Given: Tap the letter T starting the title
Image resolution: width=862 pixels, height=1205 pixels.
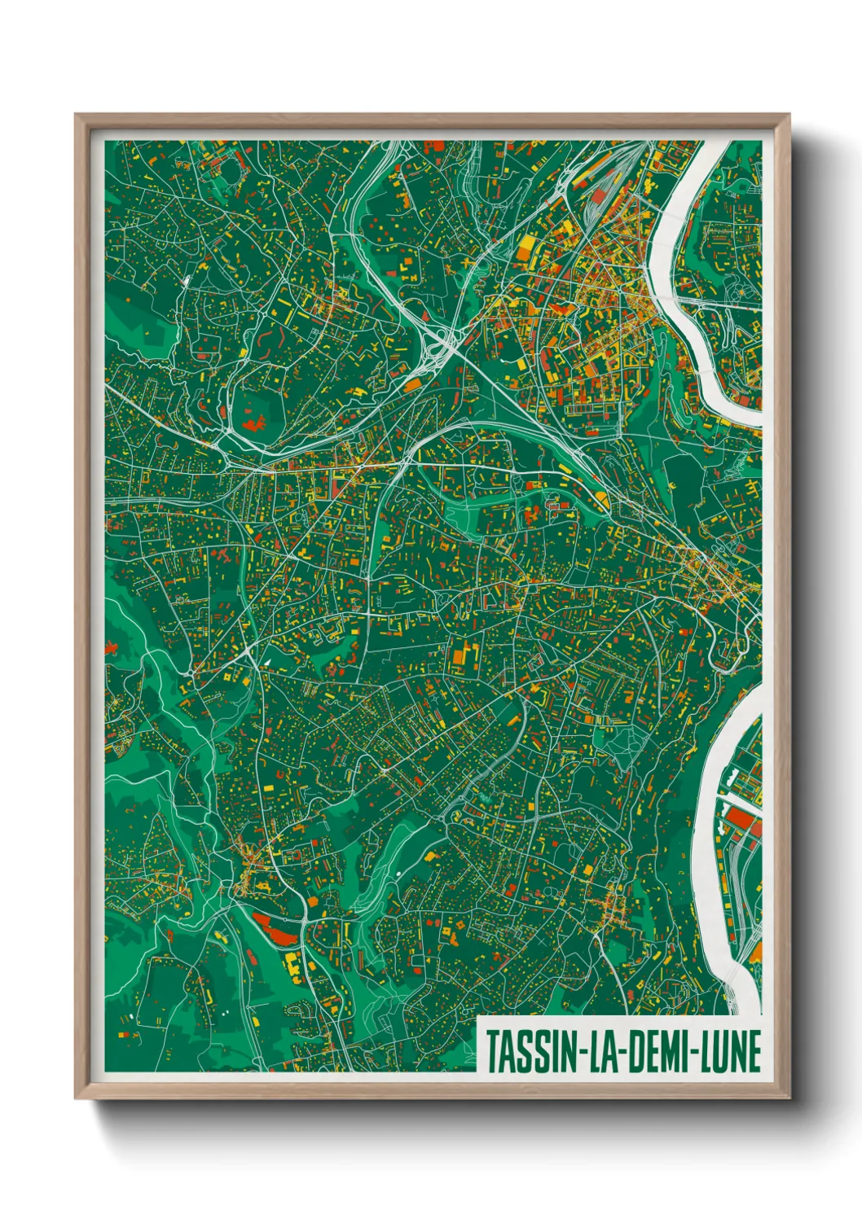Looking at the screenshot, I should tap(493, 1051).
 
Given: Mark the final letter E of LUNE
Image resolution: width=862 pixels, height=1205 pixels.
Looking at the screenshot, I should tap(754, 1051).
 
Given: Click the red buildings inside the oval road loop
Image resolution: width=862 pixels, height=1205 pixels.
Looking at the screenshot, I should tap(253, 423).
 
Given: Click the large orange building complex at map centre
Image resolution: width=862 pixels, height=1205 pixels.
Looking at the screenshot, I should tap(462, 655).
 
